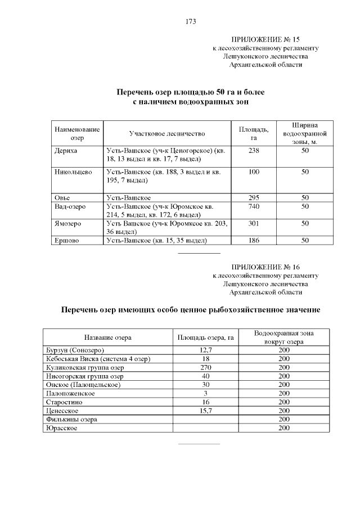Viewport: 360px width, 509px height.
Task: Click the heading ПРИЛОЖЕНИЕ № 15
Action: pos(266,39)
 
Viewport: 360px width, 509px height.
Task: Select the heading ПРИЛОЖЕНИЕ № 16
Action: pos(266,267)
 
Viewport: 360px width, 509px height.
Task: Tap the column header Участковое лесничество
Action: pos(167,134)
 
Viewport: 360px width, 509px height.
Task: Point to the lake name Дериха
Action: pos(66,151)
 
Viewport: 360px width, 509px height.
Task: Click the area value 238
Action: pos(254,151)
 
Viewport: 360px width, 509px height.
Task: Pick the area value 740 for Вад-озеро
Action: pos(254,206)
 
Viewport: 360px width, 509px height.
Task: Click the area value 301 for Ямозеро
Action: pos(254,223)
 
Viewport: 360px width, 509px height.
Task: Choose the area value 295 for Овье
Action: pos(254,198)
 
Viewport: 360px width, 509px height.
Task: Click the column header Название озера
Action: pos(108,337)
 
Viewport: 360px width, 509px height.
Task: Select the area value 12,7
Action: pos(205,350)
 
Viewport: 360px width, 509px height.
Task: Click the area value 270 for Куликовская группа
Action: pos(205,367)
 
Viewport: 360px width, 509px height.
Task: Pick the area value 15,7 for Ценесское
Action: pos(205,411)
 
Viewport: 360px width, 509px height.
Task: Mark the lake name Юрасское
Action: pos(61,428)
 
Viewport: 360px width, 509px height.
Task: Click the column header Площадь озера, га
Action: pos(205,337)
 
